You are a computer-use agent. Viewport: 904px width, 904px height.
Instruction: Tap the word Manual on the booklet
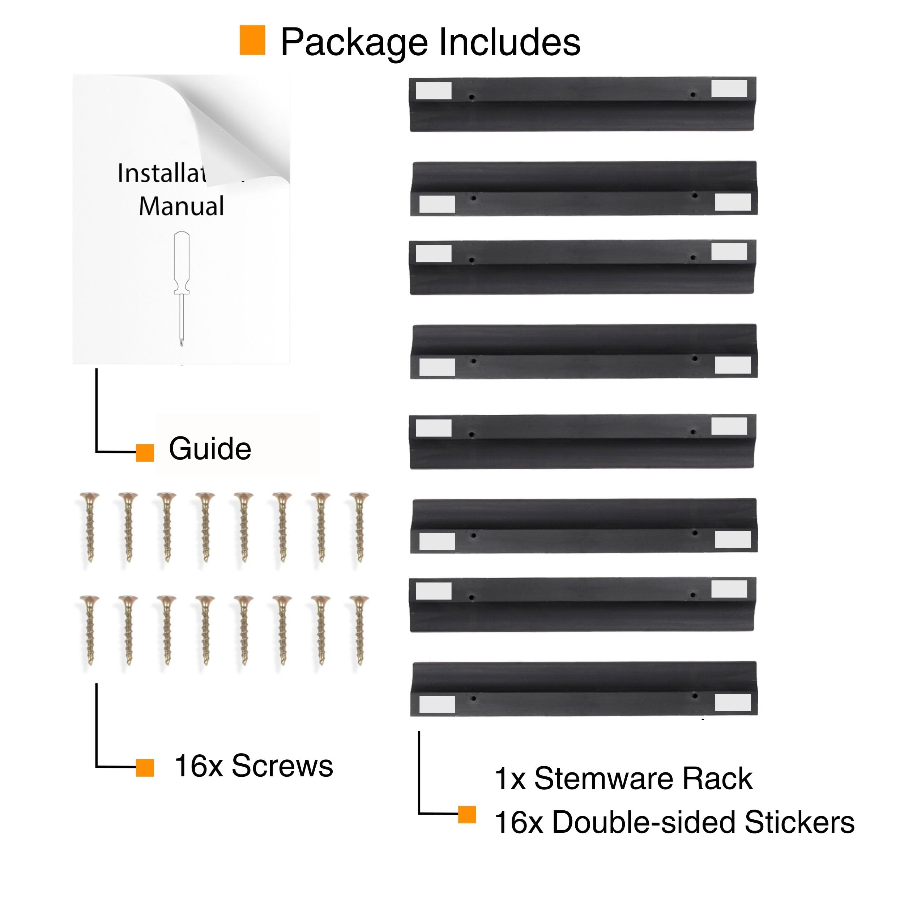pos(182,206)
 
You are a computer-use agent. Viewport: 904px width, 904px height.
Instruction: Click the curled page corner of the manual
pos(234,136)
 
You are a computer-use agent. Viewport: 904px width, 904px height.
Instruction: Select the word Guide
pos(210,449)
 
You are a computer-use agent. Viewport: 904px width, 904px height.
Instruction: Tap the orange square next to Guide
pos(145,453)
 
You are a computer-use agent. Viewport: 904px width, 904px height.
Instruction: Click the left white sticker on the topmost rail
pos(433,91)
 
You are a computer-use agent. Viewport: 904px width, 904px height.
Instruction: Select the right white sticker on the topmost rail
pos(729,89)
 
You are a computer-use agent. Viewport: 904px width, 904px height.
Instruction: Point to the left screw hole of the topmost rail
pos(472,97)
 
